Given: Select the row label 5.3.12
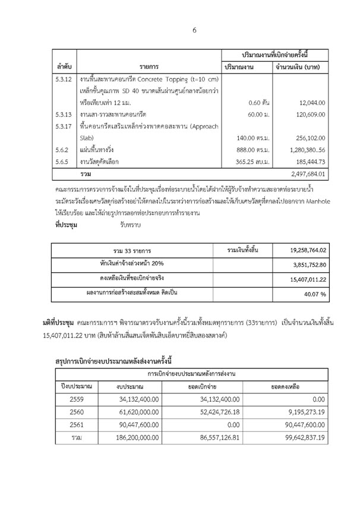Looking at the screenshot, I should coord(64,79).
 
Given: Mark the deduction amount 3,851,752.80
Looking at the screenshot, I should coord(315,265).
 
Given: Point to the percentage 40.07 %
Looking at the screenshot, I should coord(323,294).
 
